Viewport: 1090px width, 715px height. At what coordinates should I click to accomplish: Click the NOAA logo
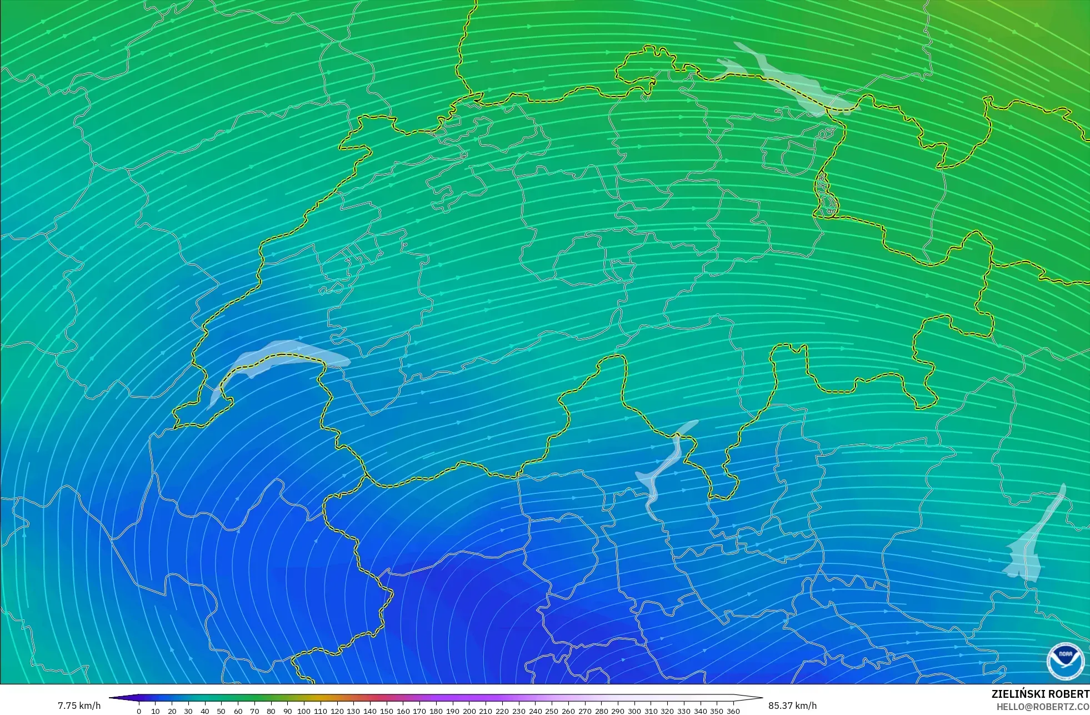tap(1065, 661)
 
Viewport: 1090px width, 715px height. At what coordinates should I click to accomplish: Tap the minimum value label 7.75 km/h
tap(79, 706)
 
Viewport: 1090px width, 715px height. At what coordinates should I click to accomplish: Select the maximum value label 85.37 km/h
tap(792, 706)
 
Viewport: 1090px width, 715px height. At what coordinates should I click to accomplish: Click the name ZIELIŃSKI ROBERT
tap(1040, 694)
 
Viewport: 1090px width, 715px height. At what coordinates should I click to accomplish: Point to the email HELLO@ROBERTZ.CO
tap(1043, 707)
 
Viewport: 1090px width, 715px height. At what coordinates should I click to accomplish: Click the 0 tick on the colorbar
tap(139, 711)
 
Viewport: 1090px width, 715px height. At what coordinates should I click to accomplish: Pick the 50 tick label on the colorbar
tap(221, 711)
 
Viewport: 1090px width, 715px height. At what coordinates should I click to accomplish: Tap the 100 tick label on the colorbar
tap(303, 711)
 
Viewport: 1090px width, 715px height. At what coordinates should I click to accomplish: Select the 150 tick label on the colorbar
tap(386, 711)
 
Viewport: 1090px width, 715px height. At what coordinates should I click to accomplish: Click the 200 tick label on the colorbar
tap(469, 711)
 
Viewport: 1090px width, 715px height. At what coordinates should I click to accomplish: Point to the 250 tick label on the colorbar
tap(552, 711)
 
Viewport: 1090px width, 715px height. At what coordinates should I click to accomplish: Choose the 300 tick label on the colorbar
tap(634, 711)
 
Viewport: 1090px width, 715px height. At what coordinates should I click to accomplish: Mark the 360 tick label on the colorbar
tap(733, 711)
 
